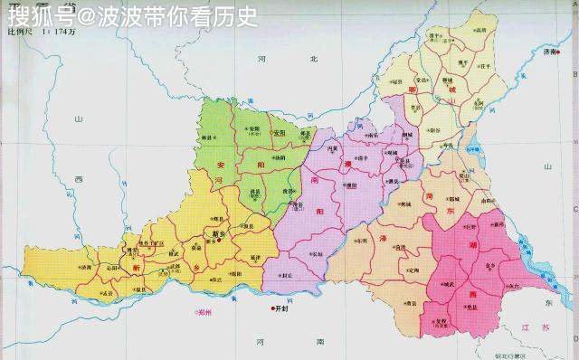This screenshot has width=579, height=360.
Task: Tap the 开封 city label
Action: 288,308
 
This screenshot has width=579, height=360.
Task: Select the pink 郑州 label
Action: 207,312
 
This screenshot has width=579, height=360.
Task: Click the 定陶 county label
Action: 413,270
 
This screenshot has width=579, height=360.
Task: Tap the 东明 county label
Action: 361,242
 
